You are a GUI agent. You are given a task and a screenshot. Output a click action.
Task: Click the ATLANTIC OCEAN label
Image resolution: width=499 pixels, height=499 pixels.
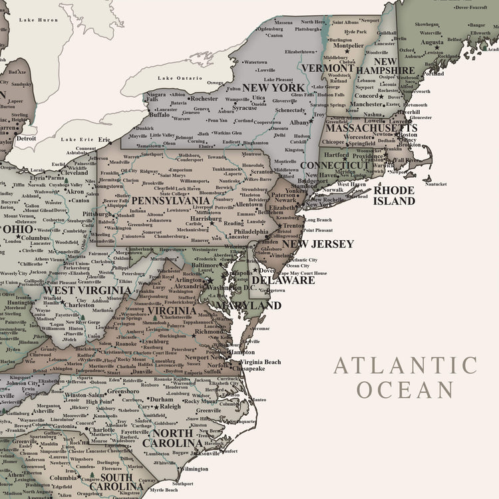coord(405,377)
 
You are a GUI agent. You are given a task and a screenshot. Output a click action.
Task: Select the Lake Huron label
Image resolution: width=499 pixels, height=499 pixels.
coord(39,20)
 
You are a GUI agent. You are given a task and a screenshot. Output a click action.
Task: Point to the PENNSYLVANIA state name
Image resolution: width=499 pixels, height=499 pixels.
coord(170,200)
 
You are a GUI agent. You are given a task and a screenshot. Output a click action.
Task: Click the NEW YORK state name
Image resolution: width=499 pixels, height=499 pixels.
coord(273,87)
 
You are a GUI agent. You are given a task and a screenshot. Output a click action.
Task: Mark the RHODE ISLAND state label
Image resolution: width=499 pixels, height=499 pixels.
coord(394,195)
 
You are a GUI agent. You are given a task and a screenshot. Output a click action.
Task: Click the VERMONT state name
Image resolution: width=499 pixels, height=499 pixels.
coord(327,68)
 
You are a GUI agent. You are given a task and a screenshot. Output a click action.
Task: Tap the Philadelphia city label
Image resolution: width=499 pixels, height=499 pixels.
coord(247,231)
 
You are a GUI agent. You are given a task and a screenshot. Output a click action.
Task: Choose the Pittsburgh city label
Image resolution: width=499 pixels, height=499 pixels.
coord(97,214)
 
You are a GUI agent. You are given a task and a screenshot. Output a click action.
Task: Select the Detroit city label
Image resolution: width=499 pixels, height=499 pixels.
coord(27,138)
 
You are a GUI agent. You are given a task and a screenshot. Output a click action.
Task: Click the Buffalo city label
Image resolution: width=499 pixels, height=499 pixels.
coord(159,114)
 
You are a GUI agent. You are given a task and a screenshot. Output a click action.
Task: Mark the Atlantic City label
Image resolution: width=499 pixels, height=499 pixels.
coord(303,259)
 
